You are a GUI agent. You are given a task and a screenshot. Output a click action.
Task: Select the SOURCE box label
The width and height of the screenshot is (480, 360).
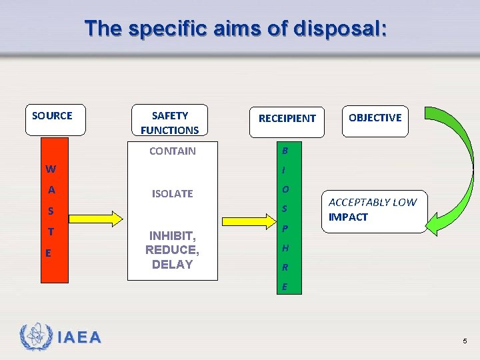coord(52,116)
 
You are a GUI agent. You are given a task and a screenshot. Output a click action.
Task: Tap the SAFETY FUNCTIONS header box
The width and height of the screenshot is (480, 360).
coord(170,123)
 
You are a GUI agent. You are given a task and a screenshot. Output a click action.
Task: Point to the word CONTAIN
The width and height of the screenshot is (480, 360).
coord(173,151)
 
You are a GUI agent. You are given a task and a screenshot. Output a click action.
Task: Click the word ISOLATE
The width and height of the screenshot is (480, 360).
coord(173,193)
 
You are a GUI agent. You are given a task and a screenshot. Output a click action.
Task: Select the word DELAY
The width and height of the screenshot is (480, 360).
coord(172,264)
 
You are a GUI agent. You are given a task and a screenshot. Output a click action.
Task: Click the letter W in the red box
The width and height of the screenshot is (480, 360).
coord(51,169)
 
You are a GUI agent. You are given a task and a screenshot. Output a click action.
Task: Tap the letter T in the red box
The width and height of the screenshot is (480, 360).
coord(50,233)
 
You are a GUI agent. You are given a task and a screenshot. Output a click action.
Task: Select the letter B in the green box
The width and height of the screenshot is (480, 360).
coord(285,150)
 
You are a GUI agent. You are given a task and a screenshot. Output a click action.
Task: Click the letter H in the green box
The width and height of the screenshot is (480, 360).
coord(285,248)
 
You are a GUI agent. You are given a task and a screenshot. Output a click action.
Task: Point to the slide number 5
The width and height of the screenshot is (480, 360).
coord(465,341)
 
